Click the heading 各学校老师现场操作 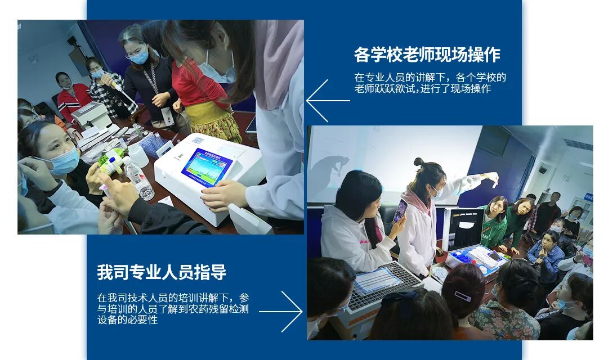tap(427, 55)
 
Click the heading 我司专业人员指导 tap(162, 272)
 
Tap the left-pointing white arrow tap(328, 101)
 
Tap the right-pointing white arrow tap(281, 311)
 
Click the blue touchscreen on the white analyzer tap(207, 167)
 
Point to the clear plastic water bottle tap(139, 178)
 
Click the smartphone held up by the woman tap(400, 210)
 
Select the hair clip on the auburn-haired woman tap(463, 296)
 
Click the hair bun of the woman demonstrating tap(419, 161)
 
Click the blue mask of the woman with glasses tap(139, 58)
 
